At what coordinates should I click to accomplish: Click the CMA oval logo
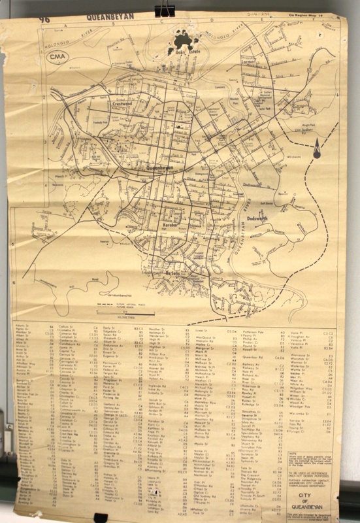59,57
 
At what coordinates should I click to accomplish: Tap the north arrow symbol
316,150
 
